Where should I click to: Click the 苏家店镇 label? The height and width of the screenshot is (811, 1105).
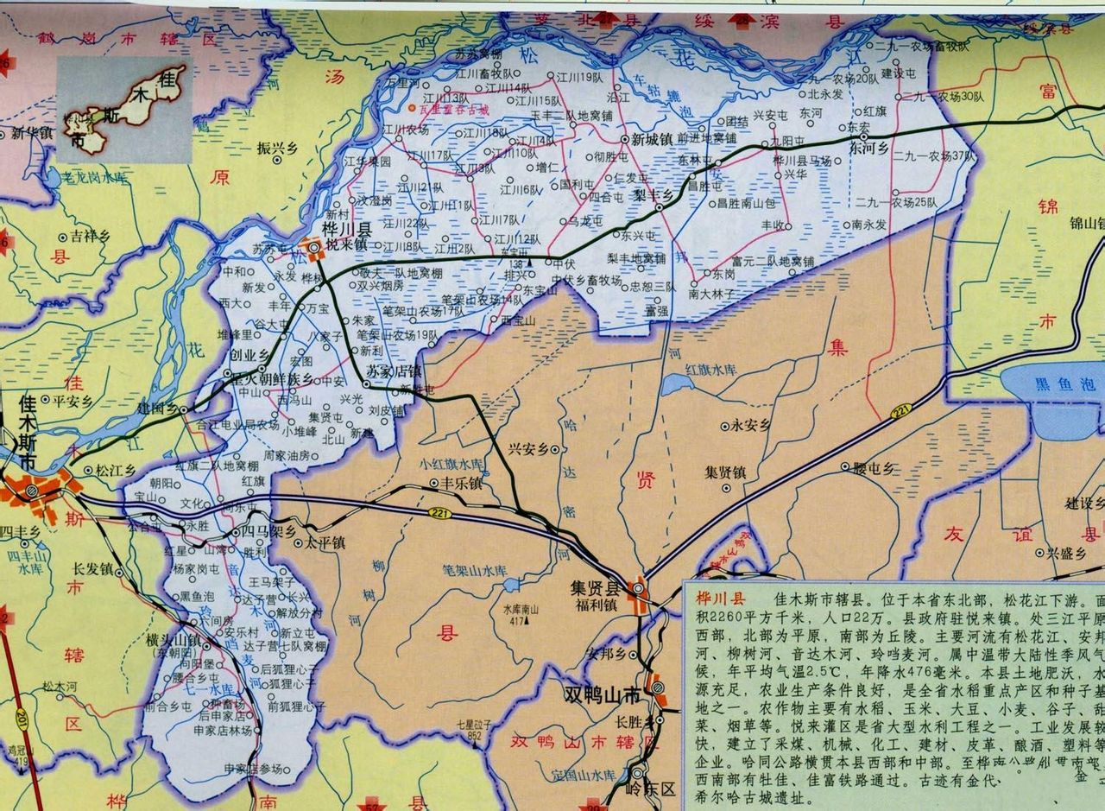394,371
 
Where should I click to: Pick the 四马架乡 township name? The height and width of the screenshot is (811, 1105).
268,531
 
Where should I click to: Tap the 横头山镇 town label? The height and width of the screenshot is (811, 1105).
174,639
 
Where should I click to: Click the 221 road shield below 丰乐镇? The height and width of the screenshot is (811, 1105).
439,514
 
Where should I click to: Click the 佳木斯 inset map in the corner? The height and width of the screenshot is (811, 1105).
125,110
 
